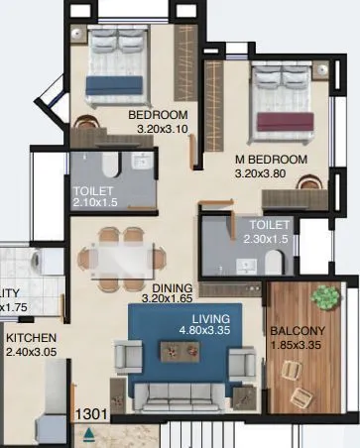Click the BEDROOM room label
[x=160, y=115]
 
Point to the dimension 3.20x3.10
[x=159, y=129]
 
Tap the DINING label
[x=166, y=283]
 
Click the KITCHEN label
[x=33, y=337]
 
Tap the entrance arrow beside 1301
[x=90, y=433]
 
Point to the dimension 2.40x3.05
[x=33, y=352]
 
